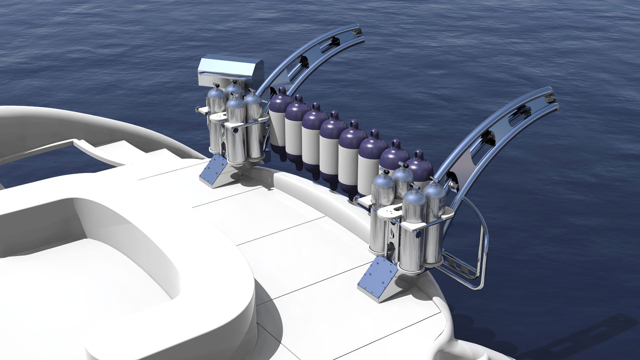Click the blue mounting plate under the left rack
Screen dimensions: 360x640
(213, 171)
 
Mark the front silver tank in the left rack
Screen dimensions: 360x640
(236, 133)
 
